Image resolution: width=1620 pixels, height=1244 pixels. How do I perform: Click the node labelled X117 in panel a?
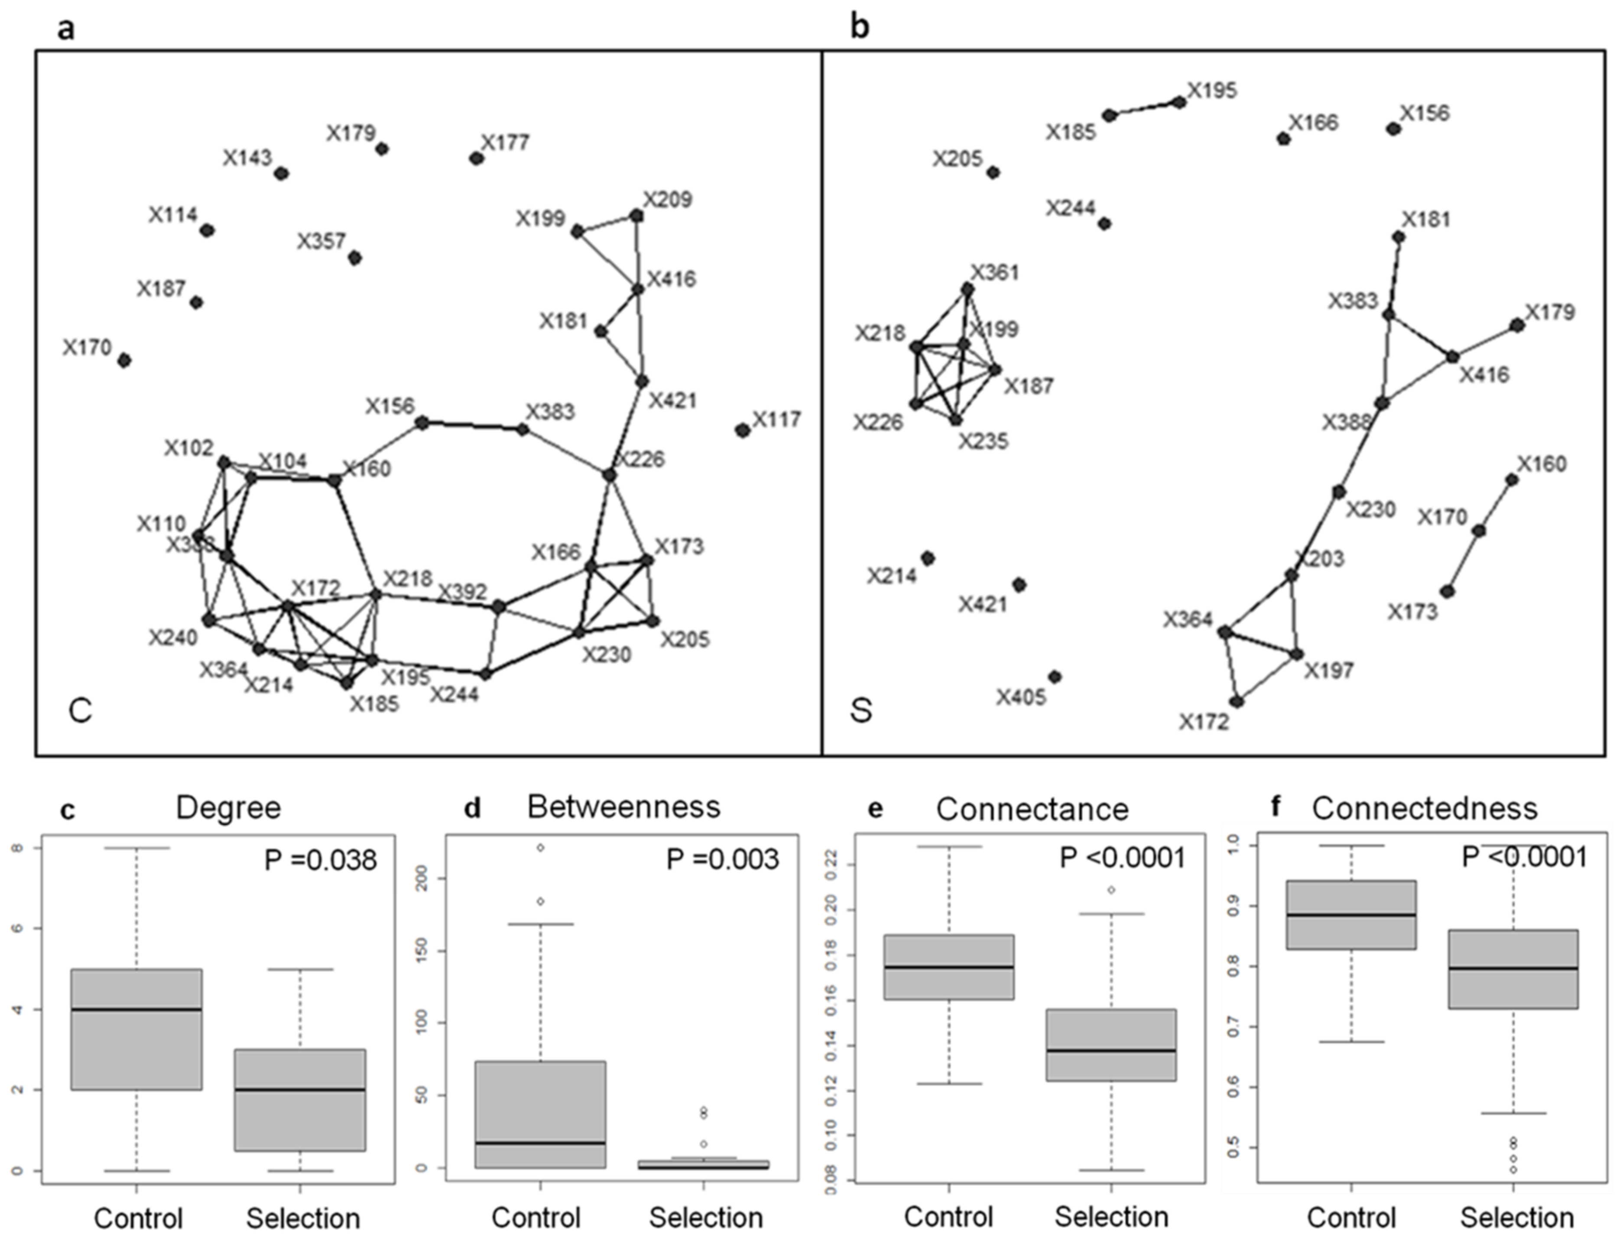[x=742, y=430]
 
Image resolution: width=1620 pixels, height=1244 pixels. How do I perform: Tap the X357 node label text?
[x=321, y=241]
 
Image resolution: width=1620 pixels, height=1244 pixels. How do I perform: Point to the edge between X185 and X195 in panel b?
[x=1144, y=109]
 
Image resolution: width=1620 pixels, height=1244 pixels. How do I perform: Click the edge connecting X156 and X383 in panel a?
[x=472, y=426]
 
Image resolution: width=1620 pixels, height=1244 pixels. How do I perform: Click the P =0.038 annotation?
[x=320, y=860]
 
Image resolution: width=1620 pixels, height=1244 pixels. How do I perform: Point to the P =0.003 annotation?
[x=722, y=859]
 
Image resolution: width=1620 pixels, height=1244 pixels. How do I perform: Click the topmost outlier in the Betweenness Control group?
[x=541, y=847]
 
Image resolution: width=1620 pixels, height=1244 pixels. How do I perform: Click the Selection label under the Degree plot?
[x=302, y=1218]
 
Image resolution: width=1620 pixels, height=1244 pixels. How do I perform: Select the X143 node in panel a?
[x=281, y=173]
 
